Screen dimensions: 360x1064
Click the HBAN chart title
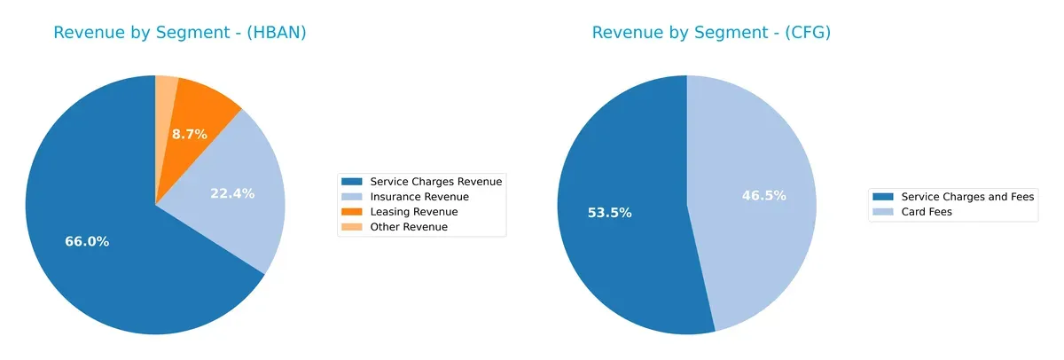(180, 33)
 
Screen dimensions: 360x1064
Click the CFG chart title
(711, 33)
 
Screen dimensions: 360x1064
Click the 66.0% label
(87, 241)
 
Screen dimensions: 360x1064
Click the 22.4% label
(232, 193)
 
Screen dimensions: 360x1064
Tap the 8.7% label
(189, 135)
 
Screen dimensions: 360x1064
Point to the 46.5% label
(764, 195)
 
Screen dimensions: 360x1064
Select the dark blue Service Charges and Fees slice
(621, 257)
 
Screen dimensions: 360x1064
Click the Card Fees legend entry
(926, 212)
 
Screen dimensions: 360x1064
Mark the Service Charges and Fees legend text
(967, 196)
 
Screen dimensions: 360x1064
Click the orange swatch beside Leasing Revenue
(354, 212)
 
